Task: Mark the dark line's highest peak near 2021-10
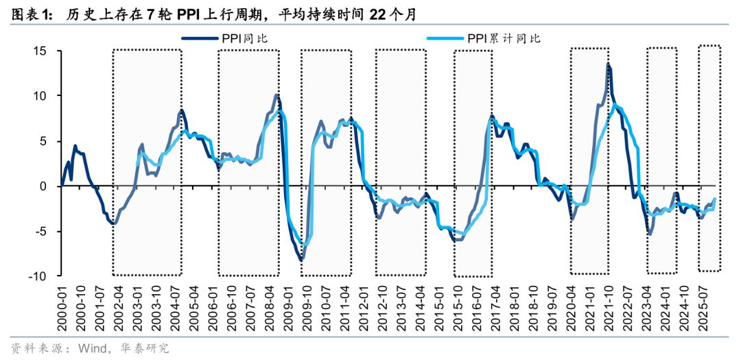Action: (x=608, y=64)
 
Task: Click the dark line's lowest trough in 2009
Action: (x=301, y=261)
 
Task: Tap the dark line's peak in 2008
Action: (x=277, y=95)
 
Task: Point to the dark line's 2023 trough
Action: (x=650, y=235)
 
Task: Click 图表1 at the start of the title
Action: (x=27, y=14)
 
